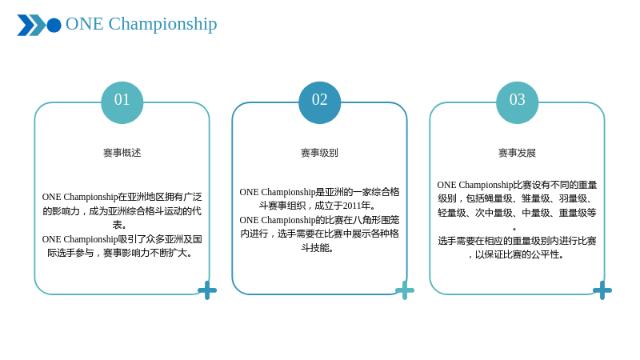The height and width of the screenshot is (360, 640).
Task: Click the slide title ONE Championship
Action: (142, 24)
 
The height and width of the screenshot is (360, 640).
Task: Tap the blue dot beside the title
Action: (54, 26)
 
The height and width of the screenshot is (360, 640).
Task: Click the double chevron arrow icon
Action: (31, 26)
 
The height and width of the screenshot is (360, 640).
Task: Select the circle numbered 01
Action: (122, 102)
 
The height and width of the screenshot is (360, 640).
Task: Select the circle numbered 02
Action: (319, 102)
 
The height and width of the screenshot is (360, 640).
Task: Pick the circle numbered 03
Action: (517, 102)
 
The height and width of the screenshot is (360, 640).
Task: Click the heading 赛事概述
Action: (122, 153)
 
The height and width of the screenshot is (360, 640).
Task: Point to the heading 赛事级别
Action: (319, 153)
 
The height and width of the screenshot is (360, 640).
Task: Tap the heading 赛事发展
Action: (517, 153)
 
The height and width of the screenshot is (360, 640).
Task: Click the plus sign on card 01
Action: (207, 290)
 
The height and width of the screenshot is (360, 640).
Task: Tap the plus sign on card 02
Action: (405, 290)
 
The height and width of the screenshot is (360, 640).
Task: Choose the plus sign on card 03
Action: (602, 290)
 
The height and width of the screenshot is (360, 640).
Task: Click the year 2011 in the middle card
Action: (352, 206)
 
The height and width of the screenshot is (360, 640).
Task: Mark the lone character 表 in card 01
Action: (117, 225)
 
